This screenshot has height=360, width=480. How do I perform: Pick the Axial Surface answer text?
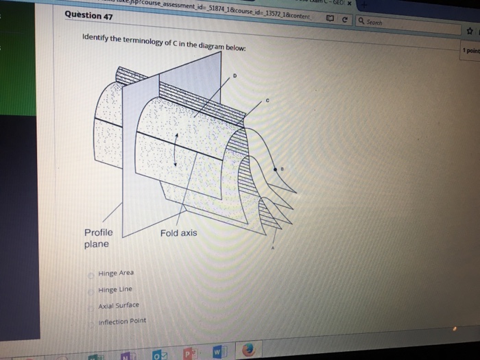(118, 305)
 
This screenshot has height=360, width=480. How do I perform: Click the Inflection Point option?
(122, 321)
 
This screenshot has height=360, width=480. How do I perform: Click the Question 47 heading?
(88, 15)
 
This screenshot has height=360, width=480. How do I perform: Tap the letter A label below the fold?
(272, 249)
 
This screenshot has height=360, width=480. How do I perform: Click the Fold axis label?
(178, 233)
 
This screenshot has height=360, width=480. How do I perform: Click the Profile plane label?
(98, 238)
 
